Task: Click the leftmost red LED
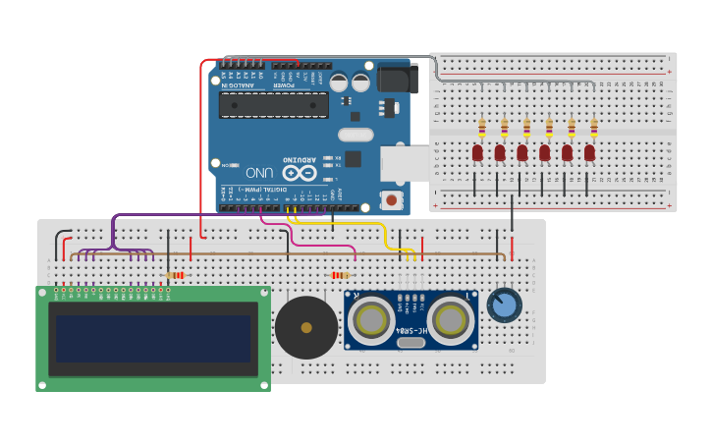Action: (477, 152)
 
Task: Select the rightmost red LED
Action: (589, 152)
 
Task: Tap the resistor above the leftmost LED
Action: (481, 128)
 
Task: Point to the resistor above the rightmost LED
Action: (593, 128)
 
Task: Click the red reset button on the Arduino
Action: (392, 200)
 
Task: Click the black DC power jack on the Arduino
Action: (397, 79)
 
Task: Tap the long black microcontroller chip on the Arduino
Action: (274, 105)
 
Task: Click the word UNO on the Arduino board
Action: (259, 172)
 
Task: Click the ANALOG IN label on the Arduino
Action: (242, 84)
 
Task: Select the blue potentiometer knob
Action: (504, 305)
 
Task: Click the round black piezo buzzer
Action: (306, 327)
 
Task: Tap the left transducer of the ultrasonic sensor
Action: (372, 319)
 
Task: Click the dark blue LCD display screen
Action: (153, 339)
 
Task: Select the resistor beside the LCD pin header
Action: (176, 276)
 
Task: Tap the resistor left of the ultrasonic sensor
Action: (341, 276)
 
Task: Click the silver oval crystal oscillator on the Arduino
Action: (356, 135)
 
